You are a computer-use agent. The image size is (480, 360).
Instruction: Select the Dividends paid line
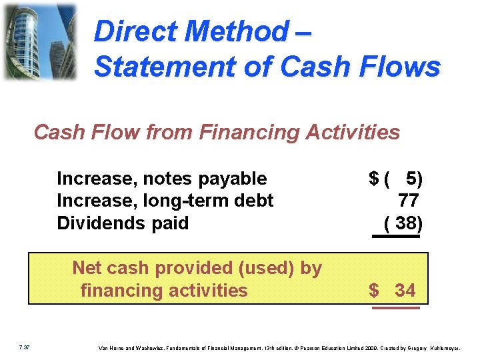click(x=123, y=223)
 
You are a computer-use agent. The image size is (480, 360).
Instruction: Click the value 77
click(x=408, y=201)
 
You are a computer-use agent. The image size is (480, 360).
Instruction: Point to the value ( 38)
click(x=403, y=223)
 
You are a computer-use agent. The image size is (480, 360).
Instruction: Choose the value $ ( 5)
click(x=395, y=179)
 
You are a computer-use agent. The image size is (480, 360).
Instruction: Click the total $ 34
click(x=393, y=290)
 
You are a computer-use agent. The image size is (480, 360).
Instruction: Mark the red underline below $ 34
click(x=395, y=308)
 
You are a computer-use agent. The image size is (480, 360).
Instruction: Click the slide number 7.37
click(x=25, y=347)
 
